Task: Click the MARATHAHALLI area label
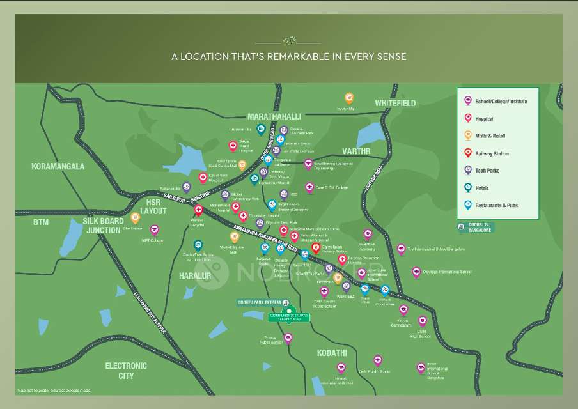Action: [274, 116]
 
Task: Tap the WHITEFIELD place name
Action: [395, 103]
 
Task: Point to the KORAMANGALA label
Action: [58, 166]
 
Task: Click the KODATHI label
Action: [332, 353]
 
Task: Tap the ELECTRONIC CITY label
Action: [126, 371]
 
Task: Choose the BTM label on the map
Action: [41, 222]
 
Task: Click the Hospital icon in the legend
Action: [468, 118]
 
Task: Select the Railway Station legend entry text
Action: [492, 154]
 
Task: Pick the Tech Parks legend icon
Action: [468, 170]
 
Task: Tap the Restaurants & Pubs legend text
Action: [496, 206]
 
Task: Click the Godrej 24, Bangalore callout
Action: [475, 228]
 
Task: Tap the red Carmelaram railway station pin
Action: [315, 247]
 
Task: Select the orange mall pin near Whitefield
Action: [349, 98]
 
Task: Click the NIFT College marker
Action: [154, 229]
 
